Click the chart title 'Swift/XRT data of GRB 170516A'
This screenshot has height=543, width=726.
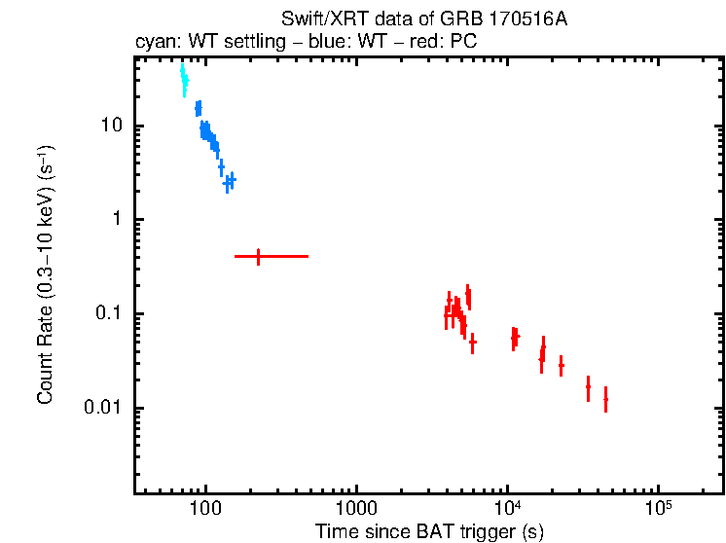click(x=423, y=19)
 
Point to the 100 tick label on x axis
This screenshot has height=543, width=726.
click(x=204, y=512)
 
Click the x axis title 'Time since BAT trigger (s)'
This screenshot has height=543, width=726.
click(x=429, y=531)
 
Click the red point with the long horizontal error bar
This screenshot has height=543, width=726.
click(x=258, y=256)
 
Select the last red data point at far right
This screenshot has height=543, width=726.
click(x=605, y=399)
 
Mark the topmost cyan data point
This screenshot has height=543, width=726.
click(x=182, y=70)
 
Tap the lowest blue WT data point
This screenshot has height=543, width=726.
click(x=228, y=182)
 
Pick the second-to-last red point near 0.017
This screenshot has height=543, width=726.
click(x=588, y=387)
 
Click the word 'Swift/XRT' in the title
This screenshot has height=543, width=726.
click(x=316, y=19)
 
